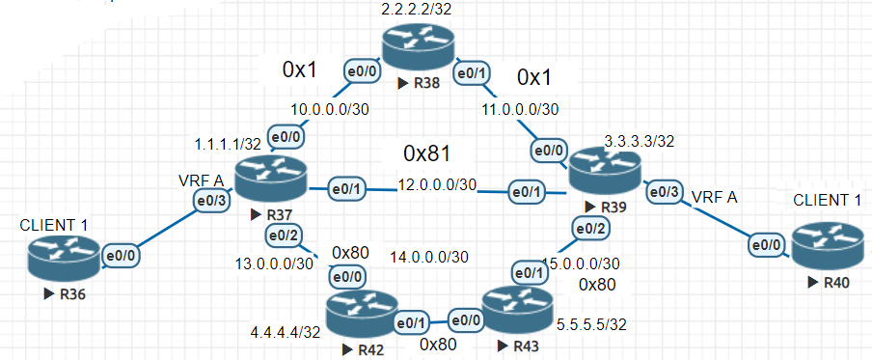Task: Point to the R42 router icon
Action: [x=361, y=315]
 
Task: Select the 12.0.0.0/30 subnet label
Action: [x=437, y=184]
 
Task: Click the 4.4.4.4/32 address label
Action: [x=286, y=333]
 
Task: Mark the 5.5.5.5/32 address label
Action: [x=591, y=324]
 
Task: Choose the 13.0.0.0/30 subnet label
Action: [x=274, y=263]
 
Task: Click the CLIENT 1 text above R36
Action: [x=56, y=226]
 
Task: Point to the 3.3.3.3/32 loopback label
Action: [x=640, y=141]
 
